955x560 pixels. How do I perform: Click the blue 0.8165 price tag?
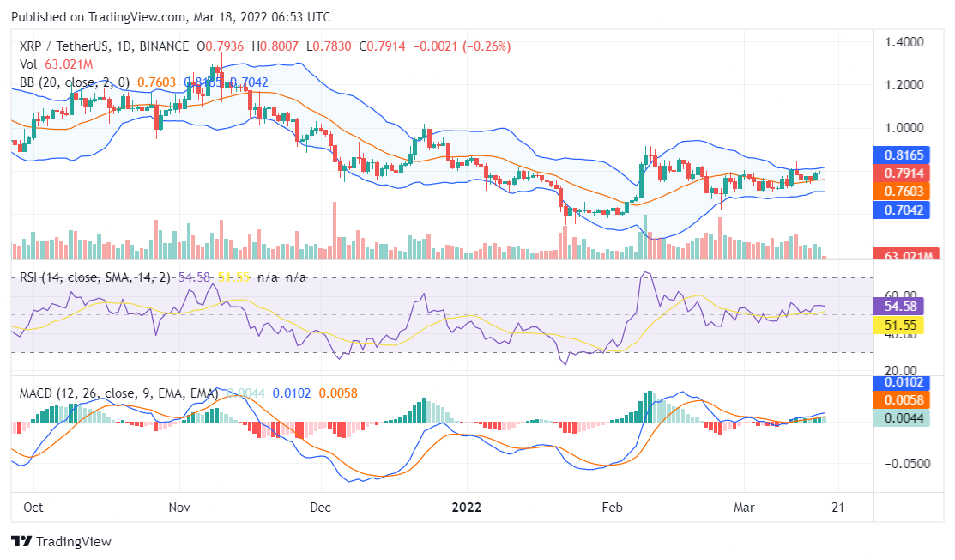point(901,155)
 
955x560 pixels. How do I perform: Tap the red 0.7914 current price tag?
point(901,173)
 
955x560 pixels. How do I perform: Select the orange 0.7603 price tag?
point(901,191)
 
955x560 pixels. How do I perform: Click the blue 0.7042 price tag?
point(901,209)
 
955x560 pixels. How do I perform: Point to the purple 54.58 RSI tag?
point(901,306)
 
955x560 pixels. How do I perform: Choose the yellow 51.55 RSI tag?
point(901,326)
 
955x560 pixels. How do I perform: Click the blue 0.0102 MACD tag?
point(901,383)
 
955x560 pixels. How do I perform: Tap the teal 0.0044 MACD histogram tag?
point(901,418)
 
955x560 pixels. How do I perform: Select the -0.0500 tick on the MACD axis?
point(903,463)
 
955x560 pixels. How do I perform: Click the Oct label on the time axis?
point(33,507)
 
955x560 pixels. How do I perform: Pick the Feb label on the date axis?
point(613,507)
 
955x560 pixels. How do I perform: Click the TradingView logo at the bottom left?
point(61,542)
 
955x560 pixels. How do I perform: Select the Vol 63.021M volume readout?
point(56,64)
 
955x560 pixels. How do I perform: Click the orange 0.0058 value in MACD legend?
point(338,393)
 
